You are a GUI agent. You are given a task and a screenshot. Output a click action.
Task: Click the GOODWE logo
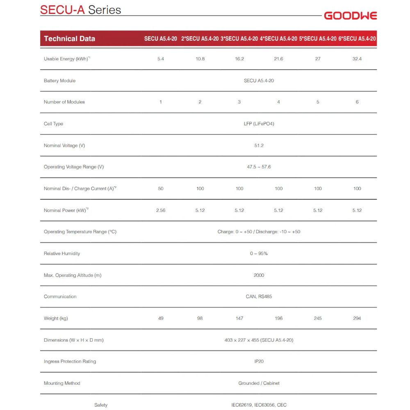[x=350, y=16]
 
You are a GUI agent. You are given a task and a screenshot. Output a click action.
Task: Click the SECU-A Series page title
[x=80, y=9]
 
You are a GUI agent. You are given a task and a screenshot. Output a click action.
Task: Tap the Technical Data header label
[x=69, y=39]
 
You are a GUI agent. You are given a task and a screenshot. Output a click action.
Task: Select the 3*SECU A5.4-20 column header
[x=239, y=39]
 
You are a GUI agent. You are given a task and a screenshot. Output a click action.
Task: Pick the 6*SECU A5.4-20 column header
[x=357, y=39]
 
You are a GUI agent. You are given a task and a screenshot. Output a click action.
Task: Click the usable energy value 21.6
[x=278, y=59]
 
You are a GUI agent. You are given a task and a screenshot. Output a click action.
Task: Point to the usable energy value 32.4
[x=357, y=59]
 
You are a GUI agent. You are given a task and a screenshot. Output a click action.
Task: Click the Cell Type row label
[x=53, y=124]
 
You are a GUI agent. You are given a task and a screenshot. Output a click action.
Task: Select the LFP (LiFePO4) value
[x=259, y=124]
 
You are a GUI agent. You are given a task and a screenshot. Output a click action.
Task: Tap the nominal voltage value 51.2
[x=259, y=146]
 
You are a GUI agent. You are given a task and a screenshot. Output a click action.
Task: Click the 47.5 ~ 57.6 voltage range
[x=259, y=167]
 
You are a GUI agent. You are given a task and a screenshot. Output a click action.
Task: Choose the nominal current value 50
[x=161, y=189]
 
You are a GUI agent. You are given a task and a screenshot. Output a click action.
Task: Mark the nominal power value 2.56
[x=161, y=210]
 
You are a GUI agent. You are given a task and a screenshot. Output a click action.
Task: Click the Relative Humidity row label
[x=62, y=253]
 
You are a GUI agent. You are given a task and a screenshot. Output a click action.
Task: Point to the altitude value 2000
[x=259, y=275]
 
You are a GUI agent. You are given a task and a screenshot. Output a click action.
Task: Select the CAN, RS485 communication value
[x=259, y=296]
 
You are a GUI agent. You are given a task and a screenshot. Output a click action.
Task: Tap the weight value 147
[x=239, y=318]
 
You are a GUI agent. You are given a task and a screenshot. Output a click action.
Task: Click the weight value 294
[x=357, y=318]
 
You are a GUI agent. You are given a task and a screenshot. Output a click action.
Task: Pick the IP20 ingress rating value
[x=259, y=362]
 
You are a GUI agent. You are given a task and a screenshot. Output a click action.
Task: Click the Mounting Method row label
[x=62, y=383]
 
